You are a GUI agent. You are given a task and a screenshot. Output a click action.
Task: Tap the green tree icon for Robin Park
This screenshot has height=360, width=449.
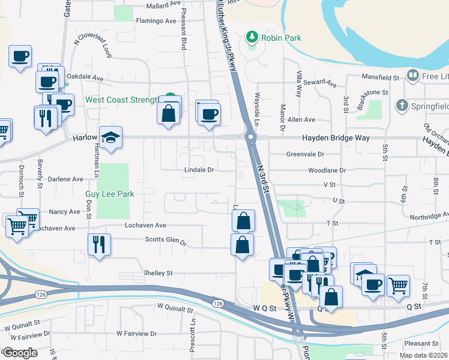tap(252, 38)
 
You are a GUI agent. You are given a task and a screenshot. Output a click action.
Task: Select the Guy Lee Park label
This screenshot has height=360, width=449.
tap(109, 194)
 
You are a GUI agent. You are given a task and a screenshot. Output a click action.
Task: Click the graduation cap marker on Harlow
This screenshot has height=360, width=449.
tap(110, 139)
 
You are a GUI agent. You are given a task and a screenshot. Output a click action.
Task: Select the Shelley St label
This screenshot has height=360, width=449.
tap(158, 273)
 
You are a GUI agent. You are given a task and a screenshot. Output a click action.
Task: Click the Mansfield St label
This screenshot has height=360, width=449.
tap(380, 78)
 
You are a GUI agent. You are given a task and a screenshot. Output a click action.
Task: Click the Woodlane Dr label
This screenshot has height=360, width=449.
tap(327, 170)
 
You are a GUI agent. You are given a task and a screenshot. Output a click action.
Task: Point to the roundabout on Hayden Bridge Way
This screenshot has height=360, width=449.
tap(250, 137)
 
